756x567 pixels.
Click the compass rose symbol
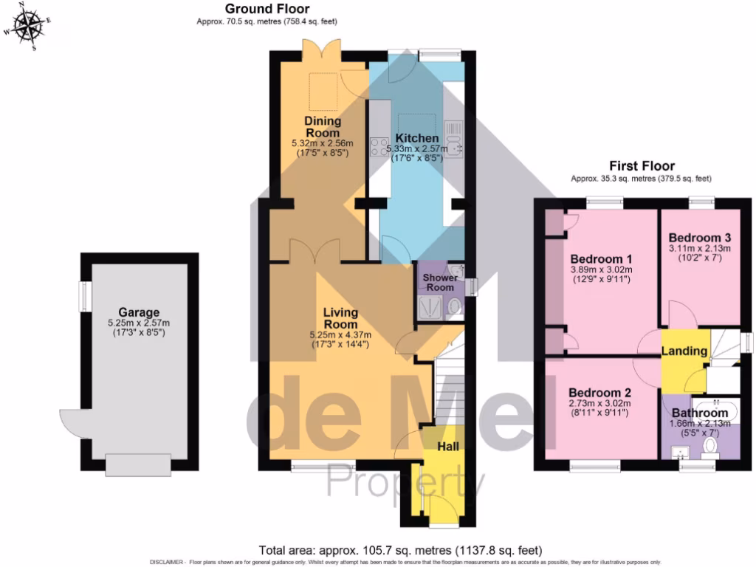click(x=28, y=27)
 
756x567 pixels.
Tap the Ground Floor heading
click(x=267, y=9)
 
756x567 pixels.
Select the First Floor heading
click(x=641, y=166)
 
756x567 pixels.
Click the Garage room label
click(x=138, y=312)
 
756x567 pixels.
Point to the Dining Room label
click(x=323, y=126)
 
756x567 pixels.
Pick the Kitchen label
click(x=416, y=138)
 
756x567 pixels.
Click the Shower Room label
click(x=439, y=282)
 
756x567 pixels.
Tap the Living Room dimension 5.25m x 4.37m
click(x=340, y=334)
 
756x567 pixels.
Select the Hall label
click(x=448, y=447)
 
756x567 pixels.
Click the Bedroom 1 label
click(x=601, y=259)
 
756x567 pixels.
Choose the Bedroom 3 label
click(x=699, y=238)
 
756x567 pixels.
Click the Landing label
click(x=684, y=351)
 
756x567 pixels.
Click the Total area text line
click(x=399, y=551)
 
